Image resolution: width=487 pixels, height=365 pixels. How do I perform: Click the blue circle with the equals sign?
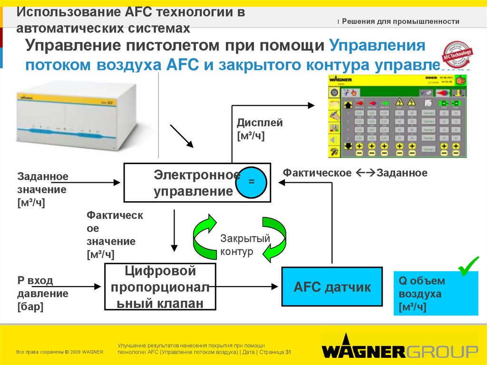252,182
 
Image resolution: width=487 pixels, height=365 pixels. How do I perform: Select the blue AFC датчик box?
332,287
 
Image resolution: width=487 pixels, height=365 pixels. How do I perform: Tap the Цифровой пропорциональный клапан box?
160,287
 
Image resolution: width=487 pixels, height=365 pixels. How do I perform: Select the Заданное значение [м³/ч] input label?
43,189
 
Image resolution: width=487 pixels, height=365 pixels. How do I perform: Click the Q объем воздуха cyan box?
435,294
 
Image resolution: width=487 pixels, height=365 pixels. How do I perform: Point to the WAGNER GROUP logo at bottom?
399,351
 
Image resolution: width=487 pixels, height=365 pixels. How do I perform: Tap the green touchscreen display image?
397,116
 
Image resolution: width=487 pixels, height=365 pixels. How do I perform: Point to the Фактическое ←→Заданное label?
355,173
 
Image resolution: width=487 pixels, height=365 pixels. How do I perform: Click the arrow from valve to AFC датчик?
247,286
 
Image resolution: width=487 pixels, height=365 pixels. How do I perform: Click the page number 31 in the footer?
288,352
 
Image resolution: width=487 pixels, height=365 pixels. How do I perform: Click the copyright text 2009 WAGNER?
60,352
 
